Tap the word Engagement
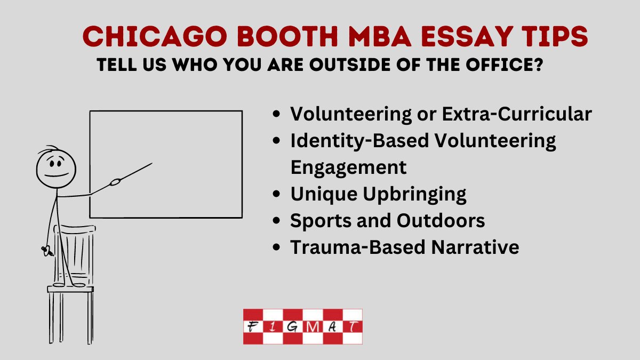tap(348, 167)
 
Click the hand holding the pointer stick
tap(115, 183)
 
